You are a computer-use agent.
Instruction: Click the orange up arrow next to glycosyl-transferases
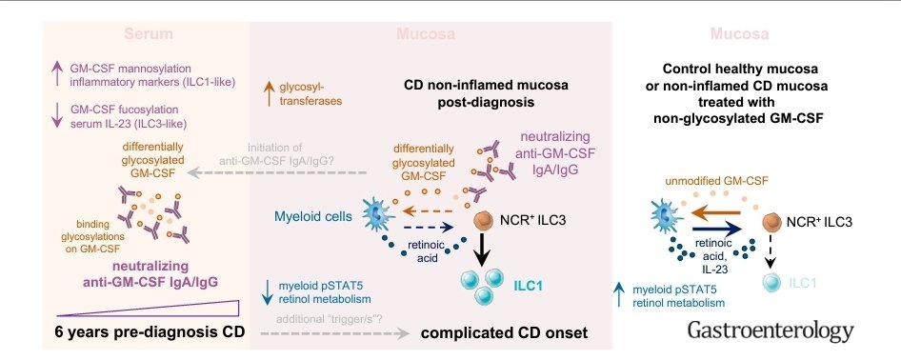pyautogui.click(x=270, y=92)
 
